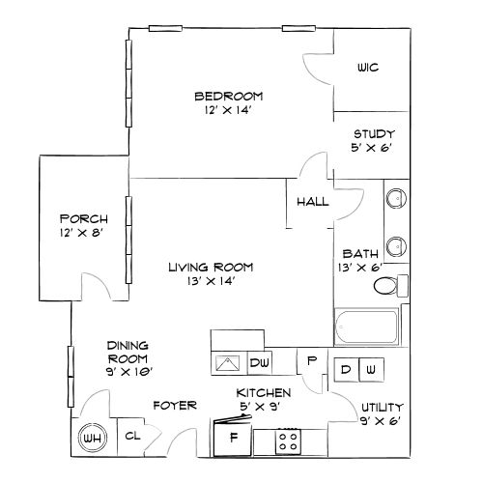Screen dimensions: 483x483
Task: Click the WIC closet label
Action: (x=366, y=68)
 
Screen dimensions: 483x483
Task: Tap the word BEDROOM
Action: (x=229, y=96)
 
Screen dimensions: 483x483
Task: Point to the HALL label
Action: (x=312, y=203)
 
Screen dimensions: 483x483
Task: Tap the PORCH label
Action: (x=82, y=218)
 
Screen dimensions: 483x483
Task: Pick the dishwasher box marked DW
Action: (x=259, y=362)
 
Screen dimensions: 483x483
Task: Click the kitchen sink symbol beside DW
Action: (x=228, y=362)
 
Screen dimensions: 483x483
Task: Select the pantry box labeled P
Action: (x=312, y=361)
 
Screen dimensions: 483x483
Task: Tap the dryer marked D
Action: (x=345, y=369)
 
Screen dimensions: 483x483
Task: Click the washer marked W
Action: (x=372, y=369)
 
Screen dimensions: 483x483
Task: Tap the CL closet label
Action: (x=132, y=437)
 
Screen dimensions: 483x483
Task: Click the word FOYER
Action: (x=174, y=405)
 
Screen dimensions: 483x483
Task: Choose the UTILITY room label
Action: (x=382, y=408)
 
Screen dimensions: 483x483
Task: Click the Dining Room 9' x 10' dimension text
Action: (x=129, y=370)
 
